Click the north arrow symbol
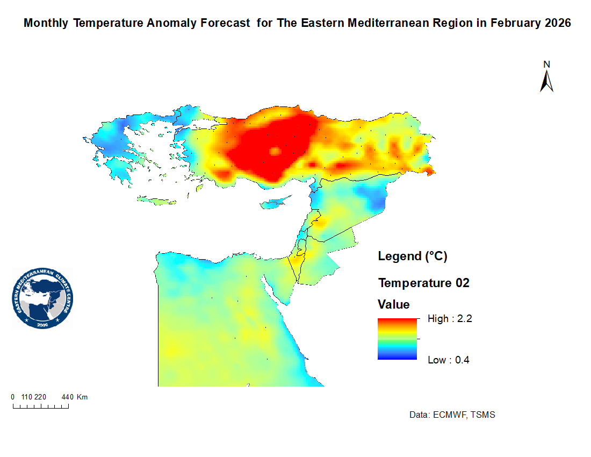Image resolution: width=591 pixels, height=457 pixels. point(546,82)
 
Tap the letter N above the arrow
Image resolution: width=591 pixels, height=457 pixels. point(546,65)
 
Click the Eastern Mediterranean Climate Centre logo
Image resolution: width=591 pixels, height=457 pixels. point(42,299)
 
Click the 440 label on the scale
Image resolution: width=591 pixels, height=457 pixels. point(67,397)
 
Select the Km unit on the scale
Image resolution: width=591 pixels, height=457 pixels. point(82,397)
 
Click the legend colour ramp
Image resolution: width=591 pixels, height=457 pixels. point(397,339)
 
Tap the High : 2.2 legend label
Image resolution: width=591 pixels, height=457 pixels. point(449,319)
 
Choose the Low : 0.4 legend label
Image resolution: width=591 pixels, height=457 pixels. point(448,360)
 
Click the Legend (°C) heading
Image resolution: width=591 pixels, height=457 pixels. point(413,256)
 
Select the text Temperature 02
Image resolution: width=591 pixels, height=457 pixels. point(423,283)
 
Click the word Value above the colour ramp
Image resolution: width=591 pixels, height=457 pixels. point(393,305)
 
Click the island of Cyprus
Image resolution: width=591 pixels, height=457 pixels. point(274,203)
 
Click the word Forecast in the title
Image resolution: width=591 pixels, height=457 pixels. point(225,24)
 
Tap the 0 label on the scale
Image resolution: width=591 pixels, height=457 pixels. point(13,397)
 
